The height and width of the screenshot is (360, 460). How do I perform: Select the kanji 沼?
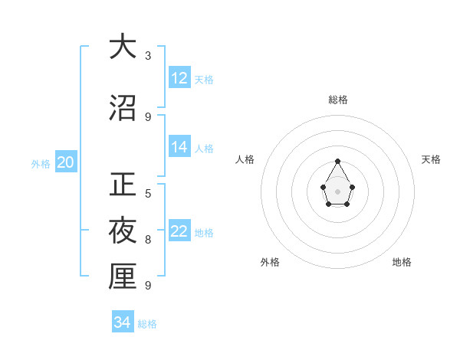(x=123, y=108)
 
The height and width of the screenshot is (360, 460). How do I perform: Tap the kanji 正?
(x=123, y=185)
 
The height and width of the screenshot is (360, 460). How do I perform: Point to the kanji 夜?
(x=123, y=231)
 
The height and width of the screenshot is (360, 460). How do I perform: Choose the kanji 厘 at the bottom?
(x=123, y=277)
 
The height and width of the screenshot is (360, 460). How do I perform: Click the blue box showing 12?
(x=179, y=78)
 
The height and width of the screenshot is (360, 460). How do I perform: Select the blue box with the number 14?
(x=179, y=147)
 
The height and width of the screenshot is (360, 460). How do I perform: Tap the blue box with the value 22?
(x=179, y=231)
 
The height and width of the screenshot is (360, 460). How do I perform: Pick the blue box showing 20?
(x=65, y=162)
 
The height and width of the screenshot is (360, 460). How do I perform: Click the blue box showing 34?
(x=123, y=322)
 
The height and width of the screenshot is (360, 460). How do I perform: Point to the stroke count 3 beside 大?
(x=148, y=56)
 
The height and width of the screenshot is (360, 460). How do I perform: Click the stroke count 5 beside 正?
(x=148, y=194)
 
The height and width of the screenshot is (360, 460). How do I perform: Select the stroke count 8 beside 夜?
(x=148, y=240)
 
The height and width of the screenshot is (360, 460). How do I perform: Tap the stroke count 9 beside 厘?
(x=148, y=286)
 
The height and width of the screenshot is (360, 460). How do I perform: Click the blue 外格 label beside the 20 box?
(x=41, y=163)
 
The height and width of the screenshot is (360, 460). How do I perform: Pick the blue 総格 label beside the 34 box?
(x=147, y=324)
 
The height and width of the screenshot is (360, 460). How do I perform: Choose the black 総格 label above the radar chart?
(x=338, y=100)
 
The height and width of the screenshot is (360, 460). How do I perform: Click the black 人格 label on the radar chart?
(x=245, y=159)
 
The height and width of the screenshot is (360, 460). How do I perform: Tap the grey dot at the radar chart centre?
(x=338, y=191)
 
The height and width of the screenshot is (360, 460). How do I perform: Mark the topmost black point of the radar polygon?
(x=338, y=161)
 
